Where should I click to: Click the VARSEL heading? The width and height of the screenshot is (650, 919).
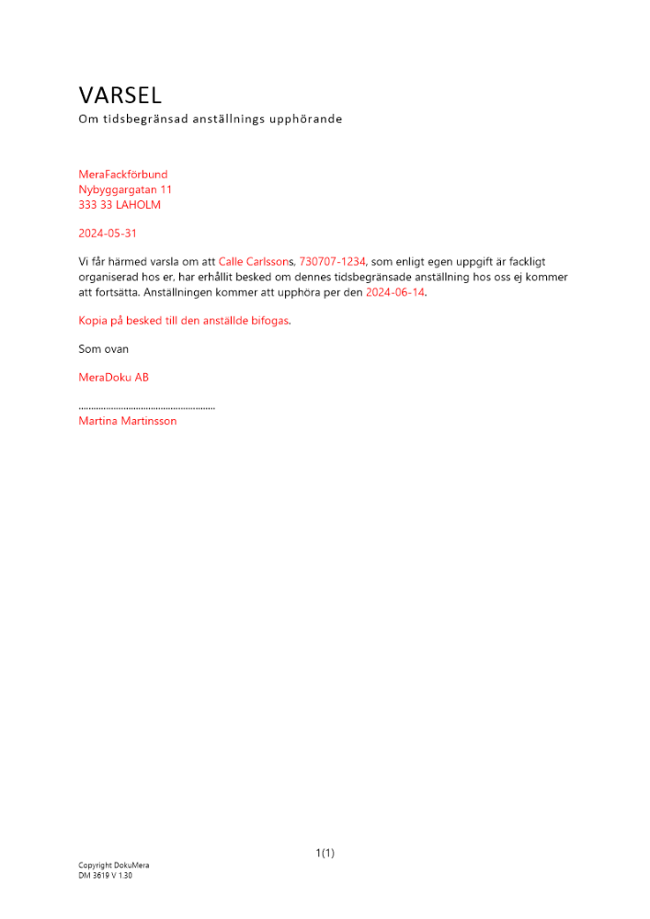point(120,95)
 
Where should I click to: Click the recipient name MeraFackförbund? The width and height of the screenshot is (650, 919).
point(123,174)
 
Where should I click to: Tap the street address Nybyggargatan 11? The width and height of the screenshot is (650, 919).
point(125,189)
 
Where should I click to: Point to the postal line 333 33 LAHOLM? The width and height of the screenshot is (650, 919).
point(120,205)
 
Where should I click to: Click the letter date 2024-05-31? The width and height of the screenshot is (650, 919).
point(108,233)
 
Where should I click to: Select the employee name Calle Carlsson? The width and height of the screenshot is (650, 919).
point(255,262)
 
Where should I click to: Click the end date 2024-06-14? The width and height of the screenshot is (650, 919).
point(395,292)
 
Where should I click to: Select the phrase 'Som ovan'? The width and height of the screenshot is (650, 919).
point(104,349)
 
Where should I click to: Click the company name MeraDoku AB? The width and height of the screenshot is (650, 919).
point(114,377)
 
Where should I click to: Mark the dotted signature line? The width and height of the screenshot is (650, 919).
point(147,406)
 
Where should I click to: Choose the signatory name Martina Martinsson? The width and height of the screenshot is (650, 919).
point(128,421)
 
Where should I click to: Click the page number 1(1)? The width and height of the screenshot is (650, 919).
point(325,853)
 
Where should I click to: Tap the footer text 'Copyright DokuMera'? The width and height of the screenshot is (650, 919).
point(114,866)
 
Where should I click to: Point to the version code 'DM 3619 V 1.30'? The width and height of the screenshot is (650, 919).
point(106,876)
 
